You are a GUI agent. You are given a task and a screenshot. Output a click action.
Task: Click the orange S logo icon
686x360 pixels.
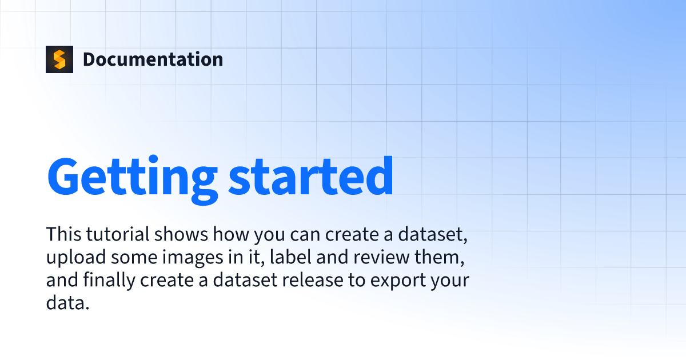pyautogui.click(x=59, y=59)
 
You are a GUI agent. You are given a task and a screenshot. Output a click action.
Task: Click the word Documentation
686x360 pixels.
pyautogui.click(x=153, y=59)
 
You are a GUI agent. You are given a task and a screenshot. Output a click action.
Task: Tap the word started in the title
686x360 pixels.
pyautogui.click(x=311, y=177)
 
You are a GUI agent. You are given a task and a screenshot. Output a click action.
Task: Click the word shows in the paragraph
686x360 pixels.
pyautogui.click(x=181, y=234)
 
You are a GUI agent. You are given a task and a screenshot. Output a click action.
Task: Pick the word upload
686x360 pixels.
pyautogui.click(x=76, y=257)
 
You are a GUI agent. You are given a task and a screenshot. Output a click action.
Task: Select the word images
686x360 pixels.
pyautogui.click(x=193, y=257)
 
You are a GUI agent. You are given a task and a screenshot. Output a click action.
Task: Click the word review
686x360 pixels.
pyautogui.click(x=381, y=257)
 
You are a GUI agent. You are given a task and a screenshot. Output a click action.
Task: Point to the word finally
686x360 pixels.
pyautogui.click(x=109, y=280)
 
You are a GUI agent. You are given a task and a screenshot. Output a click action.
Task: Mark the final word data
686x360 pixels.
pyautogui.click(x=67, y=302)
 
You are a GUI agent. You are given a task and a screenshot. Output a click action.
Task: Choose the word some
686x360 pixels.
pyautogui.click(x=134, y=258)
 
